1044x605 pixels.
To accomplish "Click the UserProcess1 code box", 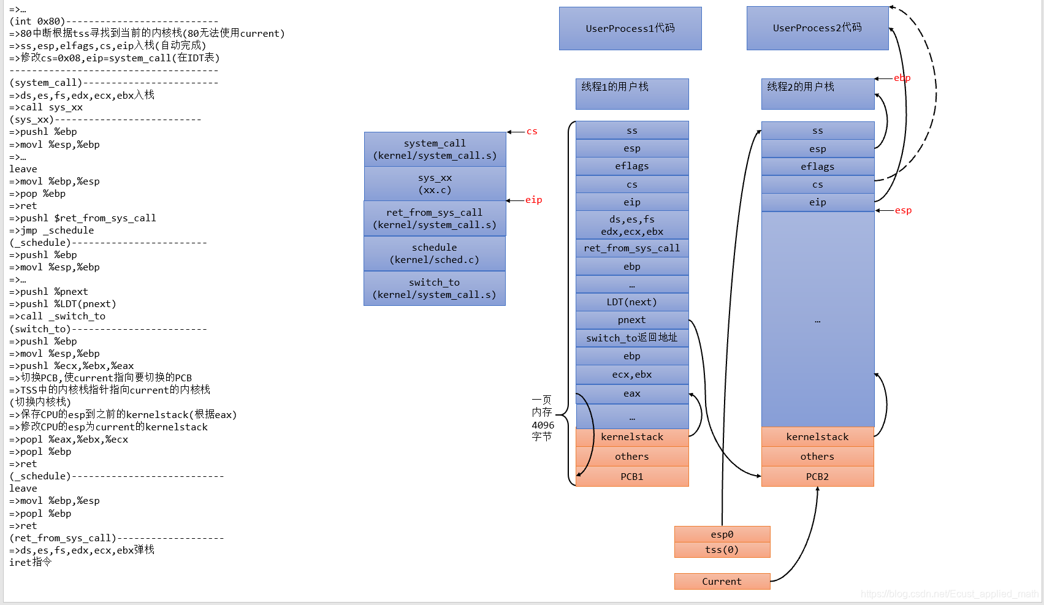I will pos(630,28).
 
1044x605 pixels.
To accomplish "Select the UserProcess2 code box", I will pos(817,28).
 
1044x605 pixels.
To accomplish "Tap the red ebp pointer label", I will pos(902,78).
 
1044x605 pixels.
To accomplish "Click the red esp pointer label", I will pos(903,210).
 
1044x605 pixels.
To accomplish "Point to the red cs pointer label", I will pos(532,131).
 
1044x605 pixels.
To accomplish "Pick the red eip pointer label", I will pos(533,200).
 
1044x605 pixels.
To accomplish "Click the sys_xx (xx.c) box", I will pos(435,184).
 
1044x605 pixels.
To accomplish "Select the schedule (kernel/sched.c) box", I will pos(435,254).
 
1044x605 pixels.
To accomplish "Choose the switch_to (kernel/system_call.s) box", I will pos(435,289).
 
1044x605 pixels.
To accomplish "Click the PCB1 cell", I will pos(632,477).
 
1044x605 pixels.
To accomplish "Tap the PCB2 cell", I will pos(817,477).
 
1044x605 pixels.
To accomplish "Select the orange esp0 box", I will pos(722,535).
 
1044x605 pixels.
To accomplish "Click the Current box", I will pos(722,582).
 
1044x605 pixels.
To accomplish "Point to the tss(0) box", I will pos(722,550).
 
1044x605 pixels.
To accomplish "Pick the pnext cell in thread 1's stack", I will pos(632,320).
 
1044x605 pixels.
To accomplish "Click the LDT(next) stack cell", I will pos(632,302).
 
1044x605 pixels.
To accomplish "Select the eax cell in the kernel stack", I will pos(632,394).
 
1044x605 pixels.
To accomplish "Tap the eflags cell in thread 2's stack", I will pos(817,167).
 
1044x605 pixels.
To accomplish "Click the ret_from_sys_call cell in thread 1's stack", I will pos(632,248).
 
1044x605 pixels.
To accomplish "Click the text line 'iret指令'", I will pos(31,562).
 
